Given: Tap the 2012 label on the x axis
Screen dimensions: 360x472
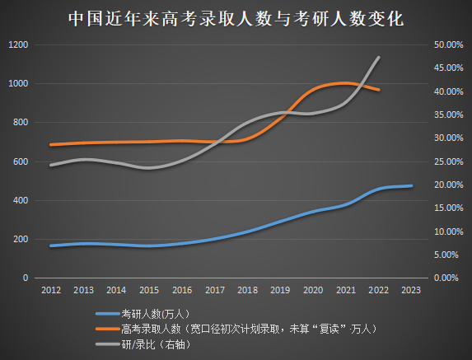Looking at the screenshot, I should tap(50, 290).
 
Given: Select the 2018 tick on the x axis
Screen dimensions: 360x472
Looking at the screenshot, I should tap(247, 290).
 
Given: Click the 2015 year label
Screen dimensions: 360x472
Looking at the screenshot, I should tap(149, 290).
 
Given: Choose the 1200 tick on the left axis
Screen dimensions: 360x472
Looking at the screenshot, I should tap(17, 44).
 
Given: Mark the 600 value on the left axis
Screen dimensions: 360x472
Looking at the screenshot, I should tap(20, 161).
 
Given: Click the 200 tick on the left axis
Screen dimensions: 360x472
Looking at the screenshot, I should tap(20, 239).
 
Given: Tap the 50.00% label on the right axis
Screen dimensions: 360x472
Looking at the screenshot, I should tap(448, 44).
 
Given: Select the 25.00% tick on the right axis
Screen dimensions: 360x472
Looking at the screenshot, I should tap(448, 161).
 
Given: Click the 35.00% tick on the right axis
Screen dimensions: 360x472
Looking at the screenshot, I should tap(448, 115).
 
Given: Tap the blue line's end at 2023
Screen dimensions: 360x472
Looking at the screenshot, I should tap(412, 185).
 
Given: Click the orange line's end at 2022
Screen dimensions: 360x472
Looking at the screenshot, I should tap(379, 90).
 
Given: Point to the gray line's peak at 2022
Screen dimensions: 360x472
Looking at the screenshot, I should tap(379, 57).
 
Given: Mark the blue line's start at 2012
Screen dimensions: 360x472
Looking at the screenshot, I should tap(50, 245).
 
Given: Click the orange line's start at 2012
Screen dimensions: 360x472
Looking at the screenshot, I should tap(50, 145).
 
